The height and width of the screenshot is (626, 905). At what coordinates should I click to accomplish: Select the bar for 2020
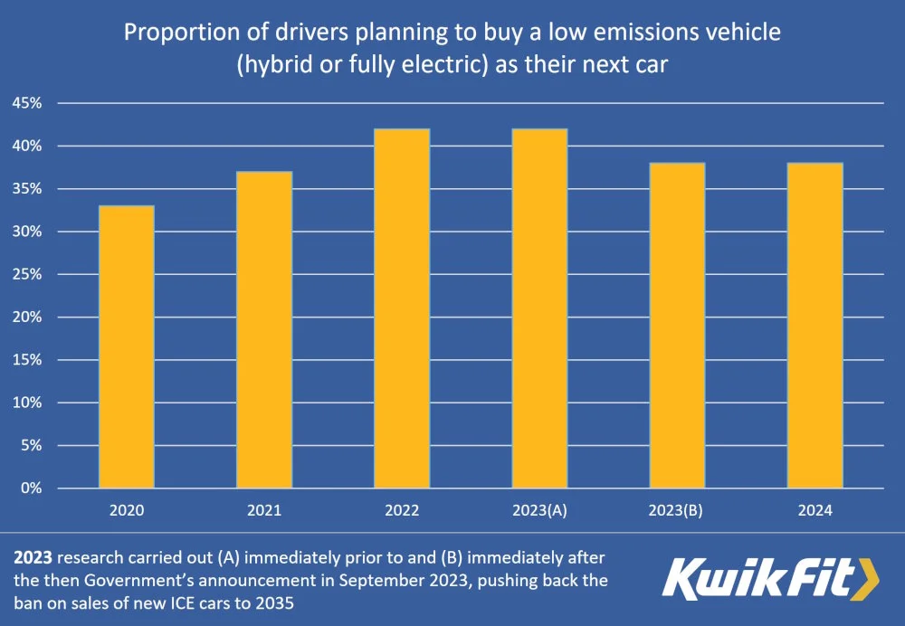pyautogui.click(x=127, y=347)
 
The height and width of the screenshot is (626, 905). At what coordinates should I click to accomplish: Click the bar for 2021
pyautogui.click(x=264, y=330)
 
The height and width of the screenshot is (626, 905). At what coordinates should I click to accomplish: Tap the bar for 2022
pyautogui.click(x=402, y=308)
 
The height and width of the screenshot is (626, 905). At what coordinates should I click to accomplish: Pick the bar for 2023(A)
pyautogui.click(x=539, y=308)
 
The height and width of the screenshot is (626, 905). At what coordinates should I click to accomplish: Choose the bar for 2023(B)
pyautogui.click(x=677, y=326)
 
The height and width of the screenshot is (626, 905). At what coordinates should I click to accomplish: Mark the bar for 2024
pyautogui.click(x=814, y=326)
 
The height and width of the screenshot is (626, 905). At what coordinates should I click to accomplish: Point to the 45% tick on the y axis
pyautogui.click(x=26, y=103)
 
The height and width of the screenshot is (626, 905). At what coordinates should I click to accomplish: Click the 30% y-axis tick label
pyautogui.click(x=26, y=232)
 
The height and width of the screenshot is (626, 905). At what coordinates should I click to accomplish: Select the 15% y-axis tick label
pyautogui.click(x=26, y=360)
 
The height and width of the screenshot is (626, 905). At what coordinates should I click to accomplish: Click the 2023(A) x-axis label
pyautogui.click(x=539, y=510)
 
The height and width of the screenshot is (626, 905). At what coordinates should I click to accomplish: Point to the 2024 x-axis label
pyautogui.click(x=814, y=510)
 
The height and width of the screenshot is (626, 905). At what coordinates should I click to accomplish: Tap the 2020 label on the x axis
pyautogui.click(x=127, y=510)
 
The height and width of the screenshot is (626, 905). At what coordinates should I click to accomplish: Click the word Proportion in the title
pyautogui.click(x=173, y=33)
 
